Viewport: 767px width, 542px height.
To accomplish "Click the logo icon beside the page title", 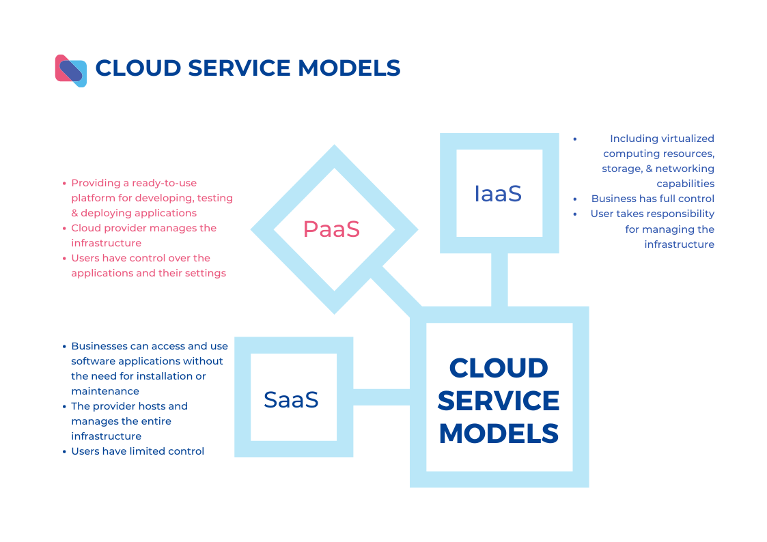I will click(x=71, y=70).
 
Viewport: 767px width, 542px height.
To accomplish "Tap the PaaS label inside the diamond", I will click(x=331, y=229).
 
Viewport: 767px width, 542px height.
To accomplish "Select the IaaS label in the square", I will click(x=498, y=194).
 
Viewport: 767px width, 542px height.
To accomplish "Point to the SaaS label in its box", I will click(x=291, y=399).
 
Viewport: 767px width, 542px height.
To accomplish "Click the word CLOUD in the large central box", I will click(x=499, y=368).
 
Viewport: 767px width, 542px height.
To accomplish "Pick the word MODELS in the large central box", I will click(x=499, y=433).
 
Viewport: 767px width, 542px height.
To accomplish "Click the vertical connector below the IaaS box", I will click(x=499, y=280).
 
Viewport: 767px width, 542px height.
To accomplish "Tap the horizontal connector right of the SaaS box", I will click(x=381, y=397).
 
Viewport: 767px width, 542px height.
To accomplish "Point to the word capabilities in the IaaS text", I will click(x=686, y=184).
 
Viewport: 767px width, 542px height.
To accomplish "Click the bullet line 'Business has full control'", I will click(x=652, y=199).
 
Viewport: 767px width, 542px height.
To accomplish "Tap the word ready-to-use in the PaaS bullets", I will click(x=165, y=183).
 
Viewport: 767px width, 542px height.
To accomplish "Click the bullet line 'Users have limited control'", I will click(x=137, y=451).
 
